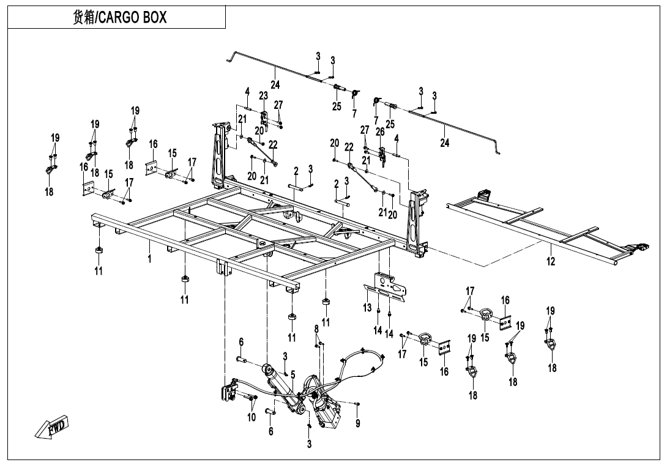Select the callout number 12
coord(551,261)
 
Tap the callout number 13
coord(367,308)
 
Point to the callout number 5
coord(293,374)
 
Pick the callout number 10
coord(251,417)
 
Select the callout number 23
coord(263,95)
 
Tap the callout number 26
coord(379,132)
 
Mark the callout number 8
coord(316,329)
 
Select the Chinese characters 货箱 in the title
coord(83,18)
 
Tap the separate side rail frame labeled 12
coord(532,226)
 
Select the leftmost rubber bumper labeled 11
coord(98,253)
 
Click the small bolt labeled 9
coord(357,404)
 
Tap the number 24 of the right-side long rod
coord(445,143)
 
